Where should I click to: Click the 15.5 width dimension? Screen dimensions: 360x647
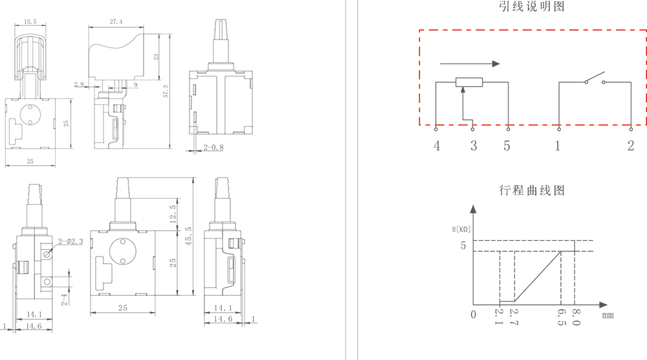[x=30, y=22]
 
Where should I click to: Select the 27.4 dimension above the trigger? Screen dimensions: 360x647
[x=116, y=22]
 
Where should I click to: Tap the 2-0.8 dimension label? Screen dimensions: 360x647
[x=213, y=148]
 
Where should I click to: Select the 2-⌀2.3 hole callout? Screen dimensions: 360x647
[x=71, y=242]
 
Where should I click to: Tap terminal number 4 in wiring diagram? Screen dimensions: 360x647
[x=437, y=146]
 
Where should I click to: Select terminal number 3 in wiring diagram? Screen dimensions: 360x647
[x=474, y=146]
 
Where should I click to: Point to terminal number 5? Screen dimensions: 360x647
[x=507, y=146]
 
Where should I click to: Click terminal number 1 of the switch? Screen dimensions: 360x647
[x=557, y=146]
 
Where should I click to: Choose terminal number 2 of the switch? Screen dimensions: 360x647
[x=631, y=146]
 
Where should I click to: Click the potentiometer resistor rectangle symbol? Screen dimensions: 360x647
[x=469, y=82]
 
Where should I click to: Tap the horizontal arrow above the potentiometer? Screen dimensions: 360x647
[x=469, y=63]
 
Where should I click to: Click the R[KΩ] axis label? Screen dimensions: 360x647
[x=462, y=229]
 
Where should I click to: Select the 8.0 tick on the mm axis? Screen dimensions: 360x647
[x=576, y=317]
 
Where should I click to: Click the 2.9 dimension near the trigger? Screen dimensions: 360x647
[x=79, y=84]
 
